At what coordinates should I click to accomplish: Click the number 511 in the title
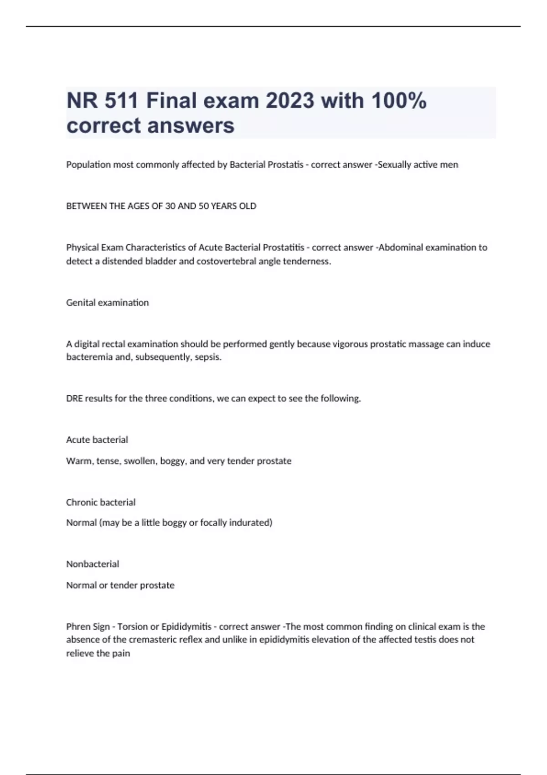(121, 101)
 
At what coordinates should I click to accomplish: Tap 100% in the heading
(399, 101)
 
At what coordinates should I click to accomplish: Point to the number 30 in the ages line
(170, 206)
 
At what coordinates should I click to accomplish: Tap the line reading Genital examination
(108, 303)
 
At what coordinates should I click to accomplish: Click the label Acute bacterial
(97, 440)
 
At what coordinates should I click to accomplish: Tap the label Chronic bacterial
(101, 502)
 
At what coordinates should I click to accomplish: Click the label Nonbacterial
(93, 564)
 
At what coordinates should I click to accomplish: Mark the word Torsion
(132, 627)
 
